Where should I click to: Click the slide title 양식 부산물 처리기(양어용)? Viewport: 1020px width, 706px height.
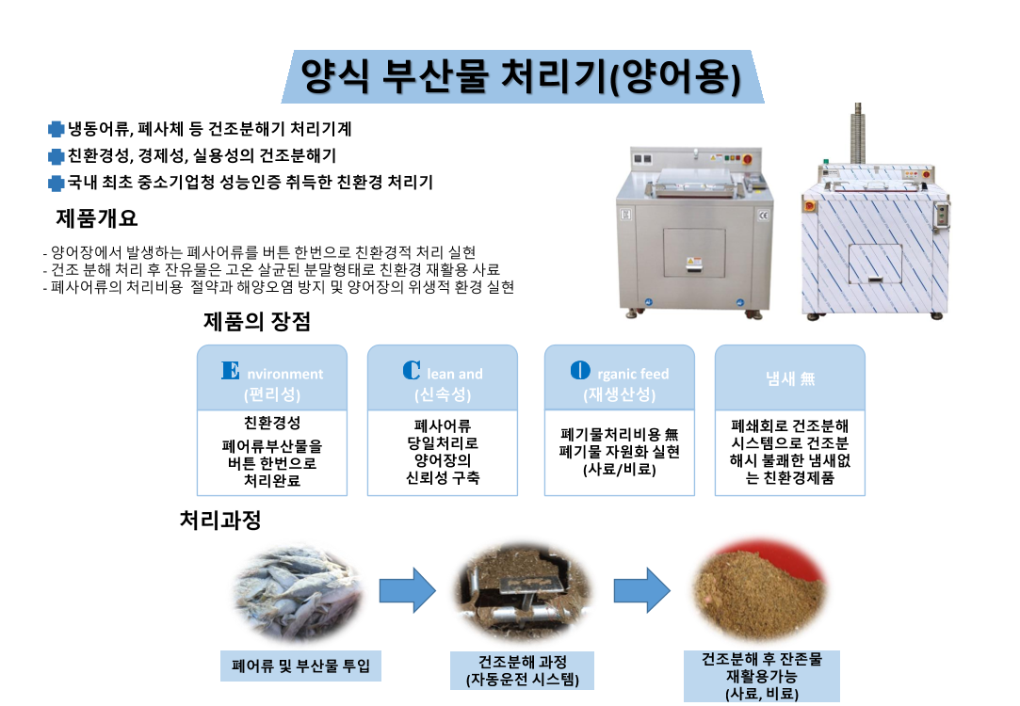coord(521,76)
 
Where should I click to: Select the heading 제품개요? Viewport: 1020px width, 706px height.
coord(97,218)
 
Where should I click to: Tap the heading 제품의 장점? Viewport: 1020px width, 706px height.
coord(257,322)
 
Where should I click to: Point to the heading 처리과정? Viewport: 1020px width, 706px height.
coord(220,520)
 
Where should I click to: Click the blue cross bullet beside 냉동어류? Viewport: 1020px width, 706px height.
coord(56,129)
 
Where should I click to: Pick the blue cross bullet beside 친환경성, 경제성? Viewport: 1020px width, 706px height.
coord(56,156)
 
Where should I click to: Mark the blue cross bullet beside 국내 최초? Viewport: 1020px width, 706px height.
coord(56,183)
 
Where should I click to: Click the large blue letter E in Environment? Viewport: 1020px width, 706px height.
coord(230,371)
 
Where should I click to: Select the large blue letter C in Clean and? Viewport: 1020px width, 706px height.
coord(411,371)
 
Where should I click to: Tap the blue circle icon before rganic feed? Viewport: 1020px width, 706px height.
coord(581,371)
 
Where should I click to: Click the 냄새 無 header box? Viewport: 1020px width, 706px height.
coord(789,379)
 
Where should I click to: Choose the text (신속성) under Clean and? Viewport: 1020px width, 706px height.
coord(442,394)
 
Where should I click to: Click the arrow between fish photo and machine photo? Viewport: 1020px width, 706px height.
coord(407,590)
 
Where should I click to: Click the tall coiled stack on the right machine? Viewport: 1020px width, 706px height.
coord(858,133)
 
